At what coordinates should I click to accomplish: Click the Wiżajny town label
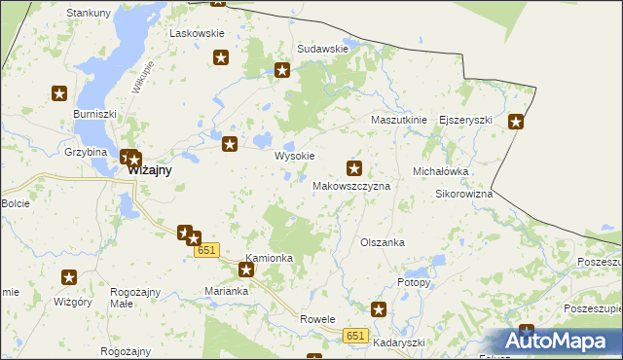click(x=150, y=169)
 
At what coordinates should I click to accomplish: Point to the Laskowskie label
click(x=197, y=33)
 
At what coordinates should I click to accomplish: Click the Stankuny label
click(x=88, y=13)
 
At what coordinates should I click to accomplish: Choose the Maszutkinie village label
click(x=399, y=120)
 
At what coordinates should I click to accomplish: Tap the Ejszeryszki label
click(x=466, y=120)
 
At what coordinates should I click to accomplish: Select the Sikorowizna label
click(x=463, y=194)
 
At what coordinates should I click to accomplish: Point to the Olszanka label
click(x=383, y=242)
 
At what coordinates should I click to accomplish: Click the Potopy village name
click(x=414, y=281)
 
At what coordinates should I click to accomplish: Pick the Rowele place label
click(x=317, y=319)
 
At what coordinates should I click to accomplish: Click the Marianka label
click(x=228, y=291)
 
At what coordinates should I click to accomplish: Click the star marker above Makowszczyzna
click(x=354, y=167)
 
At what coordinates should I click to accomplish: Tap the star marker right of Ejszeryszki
click(x=516, y=122)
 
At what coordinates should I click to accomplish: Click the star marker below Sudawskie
click(x=282, y=70)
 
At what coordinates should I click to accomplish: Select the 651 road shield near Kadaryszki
click(x=355, y=336)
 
